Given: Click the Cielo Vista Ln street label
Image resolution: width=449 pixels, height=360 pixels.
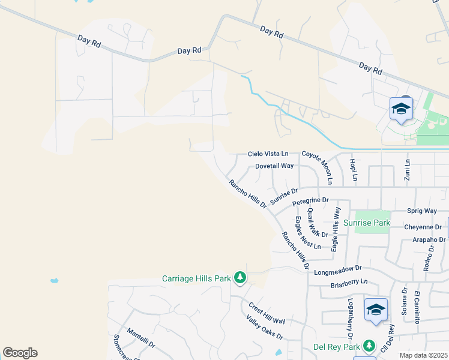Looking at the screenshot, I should (x=268, y=154).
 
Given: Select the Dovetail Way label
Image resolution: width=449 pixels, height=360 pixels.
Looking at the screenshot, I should (x=274, y=166).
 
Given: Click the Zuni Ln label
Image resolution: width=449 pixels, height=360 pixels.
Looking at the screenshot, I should (x=408, y=170).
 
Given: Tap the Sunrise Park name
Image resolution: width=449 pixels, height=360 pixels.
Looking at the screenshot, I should (x=367, y=223).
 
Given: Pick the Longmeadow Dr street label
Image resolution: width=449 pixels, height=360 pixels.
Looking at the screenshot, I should (x=339, y=270).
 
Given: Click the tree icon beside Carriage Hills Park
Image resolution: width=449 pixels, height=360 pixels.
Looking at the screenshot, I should (x=240, y=278).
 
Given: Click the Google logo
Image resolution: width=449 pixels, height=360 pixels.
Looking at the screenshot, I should (x=20, y=353).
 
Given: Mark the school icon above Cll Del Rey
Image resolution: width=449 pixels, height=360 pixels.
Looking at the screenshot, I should (x=376, y=310).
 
